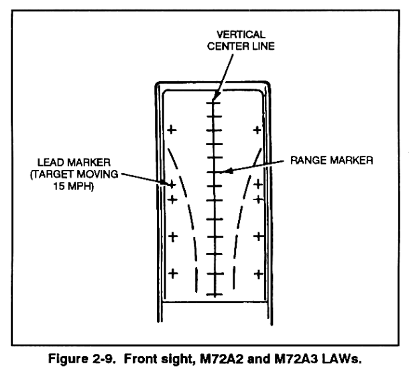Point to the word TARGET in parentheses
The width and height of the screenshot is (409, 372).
[x=58, y=172]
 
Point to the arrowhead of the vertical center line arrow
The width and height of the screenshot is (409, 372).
[x=215, y=98]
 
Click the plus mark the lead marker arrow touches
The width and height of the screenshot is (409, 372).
[x=172, y=183]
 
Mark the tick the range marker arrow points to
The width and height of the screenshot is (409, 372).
[x=214, y=173]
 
